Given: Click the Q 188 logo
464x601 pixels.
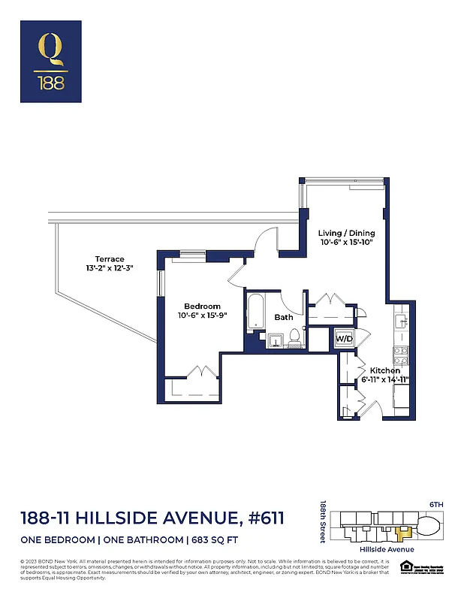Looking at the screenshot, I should point(53,62).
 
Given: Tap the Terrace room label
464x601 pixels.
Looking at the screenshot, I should point(110,259).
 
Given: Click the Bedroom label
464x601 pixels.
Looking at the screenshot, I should point(203,306).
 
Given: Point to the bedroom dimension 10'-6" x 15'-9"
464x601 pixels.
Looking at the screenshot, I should point(203,316).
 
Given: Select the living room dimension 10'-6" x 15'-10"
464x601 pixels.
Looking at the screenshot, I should point(346,243).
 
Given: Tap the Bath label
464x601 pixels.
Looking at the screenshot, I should point(284,318).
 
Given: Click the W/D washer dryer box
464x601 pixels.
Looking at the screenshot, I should point(343,339).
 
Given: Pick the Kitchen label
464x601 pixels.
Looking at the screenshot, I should point(384,370).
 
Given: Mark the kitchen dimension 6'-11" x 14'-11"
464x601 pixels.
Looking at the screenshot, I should point(384,381).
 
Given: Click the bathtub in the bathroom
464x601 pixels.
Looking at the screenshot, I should point(255,313).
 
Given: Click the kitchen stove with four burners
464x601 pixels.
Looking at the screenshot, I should point(401,355).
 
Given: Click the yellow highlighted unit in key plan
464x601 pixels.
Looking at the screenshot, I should point(405,533).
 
